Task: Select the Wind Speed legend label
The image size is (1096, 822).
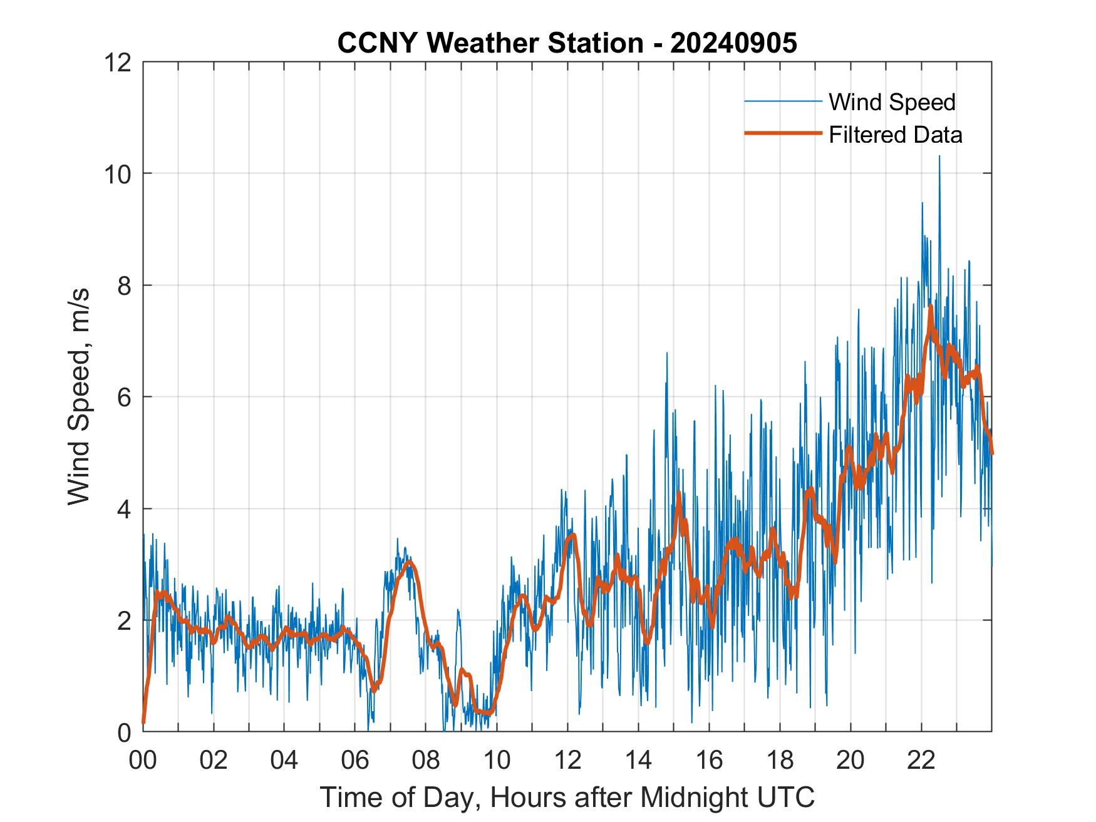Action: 892,102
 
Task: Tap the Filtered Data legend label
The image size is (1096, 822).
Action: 895,135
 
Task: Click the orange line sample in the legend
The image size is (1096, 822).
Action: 782,133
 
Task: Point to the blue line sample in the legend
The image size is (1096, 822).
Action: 782,101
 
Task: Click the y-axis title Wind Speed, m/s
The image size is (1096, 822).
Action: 80,396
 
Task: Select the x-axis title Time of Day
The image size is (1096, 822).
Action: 567,797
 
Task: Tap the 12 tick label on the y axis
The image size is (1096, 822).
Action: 119,62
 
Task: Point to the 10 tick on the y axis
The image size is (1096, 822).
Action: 119,173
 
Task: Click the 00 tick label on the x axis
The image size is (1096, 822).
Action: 143,760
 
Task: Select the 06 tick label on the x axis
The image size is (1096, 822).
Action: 355,760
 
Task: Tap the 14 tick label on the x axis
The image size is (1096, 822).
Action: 638,760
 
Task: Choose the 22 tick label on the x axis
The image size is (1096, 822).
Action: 921,760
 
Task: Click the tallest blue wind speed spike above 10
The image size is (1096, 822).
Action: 939,157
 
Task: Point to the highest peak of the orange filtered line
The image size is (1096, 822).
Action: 931,306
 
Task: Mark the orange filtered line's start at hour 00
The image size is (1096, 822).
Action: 144,722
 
